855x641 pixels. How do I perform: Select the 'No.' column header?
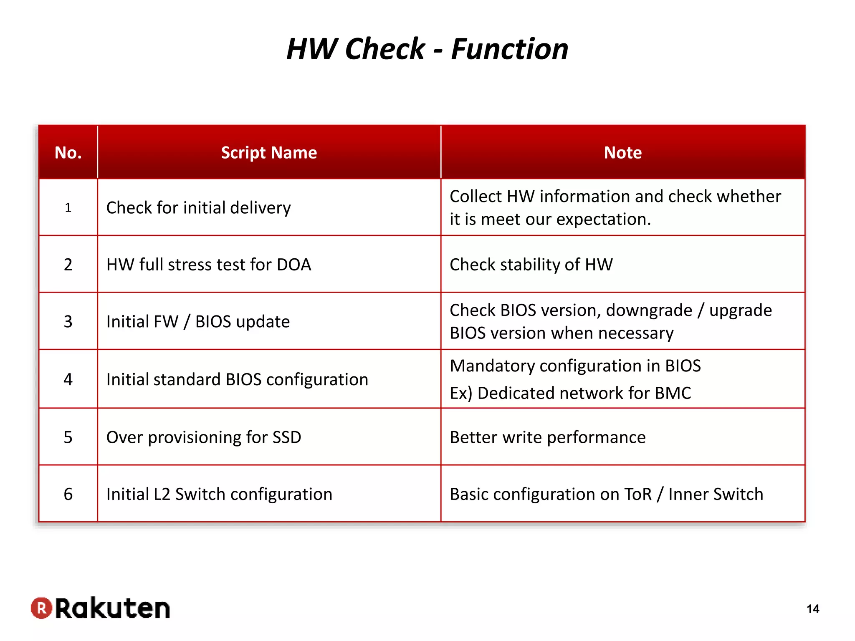(x=68, y=153)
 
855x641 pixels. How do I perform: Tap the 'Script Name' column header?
(x=269, y=153)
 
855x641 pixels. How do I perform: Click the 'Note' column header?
(x=622, y=153)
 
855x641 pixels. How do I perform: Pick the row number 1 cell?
(x=68, y=207)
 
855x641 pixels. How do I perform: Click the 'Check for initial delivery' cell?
(x=198, y=208)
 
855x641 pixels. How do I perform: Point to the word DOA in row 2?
(x=294, y=265)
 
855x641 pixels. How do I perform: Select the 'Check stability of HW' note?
(x=531, y=265)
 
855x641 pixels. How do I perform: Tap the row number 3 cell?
(x=68, y=321)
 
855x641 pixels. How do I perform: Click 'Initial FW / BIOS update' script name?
(x=198, y=322)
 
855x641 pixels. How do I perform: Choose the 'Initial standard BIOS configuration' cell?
(x=237, y=380)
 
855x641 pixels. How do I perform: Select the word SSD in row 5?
(x=286, y=437)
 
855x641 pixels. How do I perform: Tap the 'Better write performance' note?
(x=547, y=437)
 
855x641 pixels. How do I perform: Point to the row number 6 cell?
(x=68, y=494)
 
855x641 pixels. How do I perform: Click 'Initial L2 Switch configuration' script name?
(x=219, y=494)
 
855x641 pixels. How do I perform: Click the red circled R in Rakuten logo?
(x=41, y=608)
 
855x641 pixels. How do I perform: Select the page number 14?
(x=812, y=609)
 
